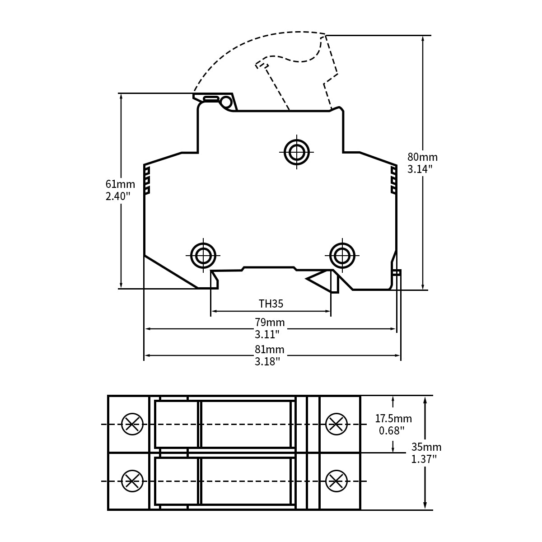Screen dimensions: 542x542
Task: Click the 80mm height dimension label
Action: (x=422, y=157)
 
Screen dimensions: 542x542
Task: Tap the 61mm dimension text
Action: (x=120, y=184)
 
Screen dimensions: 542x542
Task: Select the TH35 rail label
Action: (x=271, y=304)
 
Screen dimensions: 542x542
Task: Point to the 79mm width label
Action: (x=270, y=322)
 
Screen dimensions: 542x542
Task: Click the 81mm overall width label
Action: (x=270, y=349)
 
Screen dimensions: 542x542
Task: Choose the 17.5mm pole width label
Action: (x=393, y=419)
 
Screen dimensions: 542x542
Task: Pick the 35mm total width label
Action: (x=426, y=447)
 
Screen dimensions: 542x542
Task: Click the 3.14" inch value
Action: (x=420, y=169)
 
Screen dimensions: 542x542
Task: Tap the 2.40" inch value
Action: (x=118, y=196)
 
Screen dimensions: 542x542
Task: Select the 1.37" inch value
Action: (x=424, y=459)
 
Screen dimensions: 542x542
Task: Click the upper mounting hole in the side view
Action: (x=296, y=152)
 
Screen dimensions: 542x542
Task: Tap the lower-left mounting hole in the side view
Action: (x=203, y=256)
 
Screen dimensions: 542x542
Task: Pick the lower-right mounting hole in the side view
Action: (x=342, y=256)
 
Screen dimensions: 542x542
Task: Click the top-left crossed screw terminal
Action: (x=132, y=424)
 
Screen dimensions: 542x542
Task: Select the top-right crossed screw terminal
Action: (x=336, y=424)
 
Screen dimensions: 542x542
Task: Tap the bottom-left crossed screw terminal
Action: (x=132, y=481)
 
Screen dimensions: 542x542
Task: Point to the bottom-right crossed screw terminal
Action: (x=336, y=481)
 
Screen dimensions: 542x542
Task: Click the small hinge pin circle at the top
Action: (x=226, y=102)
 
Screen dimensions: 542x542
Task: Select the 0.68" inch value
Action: (x=392, y=430)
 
